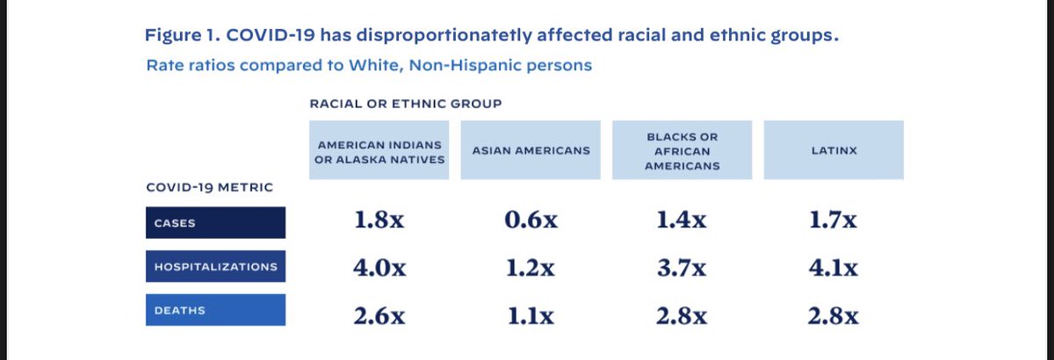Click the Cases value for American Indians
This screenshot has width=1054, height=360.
(379, 221)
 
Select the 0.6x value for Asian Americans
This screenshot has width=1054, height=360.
(531, 221)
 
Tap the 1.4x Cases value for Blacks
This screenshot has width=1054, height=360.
(682, 221)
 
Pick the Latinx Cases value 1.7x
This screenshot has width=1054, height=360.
(833, 221)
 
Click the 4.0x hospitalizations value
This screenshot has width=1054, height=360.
(379, 268)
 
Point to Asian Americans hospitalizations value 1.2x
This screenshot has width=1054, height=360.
(531, 268)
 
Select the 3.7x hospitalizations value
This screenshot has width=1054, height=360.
(682, 268)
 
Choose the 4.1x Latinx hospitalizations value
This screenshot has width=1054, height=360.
(833, 268)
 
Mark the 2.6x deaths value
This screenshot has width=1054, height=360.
(379, 314)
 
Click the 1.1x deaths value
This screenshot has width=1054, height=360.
(531, 314)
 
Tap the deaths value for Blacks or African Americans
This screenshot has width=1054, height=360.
(682, 314)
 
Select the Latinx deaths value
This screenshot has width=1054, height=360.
(833, 314)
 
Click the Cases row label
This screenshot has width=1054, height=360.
(214, 223)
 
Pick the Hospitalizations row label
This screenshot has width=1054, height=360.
(214, 267)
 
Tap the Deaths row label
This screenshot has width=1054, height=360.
(214, 311)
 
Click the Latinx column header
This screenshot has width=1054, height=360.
(833, 151)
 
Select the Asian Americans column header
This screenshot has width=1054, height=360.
(531, 151)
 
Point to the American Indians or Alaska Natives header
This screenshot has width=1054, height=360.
(379, 151)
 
